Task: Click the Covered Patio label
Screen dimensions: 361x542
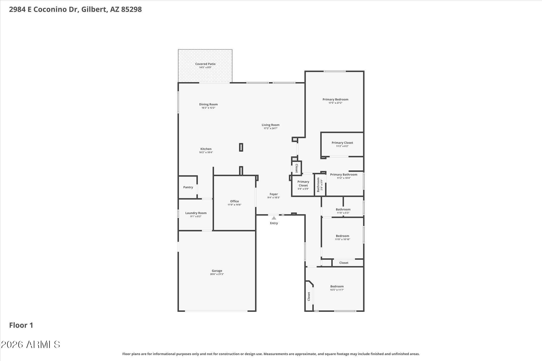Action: [205, 64]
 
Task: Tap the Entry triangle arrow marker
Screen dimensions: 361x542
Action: [274, 218]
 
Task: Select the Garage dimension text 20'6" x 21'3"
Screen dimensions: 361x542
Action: [217, 274]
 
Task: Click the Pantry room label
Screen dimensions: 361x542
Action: [188, 187]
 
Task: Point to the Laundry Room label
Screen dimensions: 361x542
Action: [196, 213]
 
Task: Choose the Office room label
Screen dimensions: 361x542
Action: [234, 201]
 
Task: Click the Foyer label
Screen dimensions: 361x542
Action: [274, 194]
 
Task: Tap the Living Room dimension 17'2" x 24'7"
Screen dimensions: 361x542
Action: [270, 128]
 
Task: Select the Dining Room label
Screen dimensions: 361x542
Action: [208, 104]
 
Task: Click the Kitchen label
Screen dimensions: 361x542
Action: [206, 149]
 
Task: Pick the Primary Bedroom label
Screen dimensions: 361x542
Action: [335, 99]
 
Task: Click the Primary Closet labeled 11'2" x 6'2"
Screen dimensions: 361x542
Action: [342, 143]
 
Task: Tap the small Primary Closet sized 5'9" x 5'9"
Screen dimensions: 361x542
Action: [303, 184]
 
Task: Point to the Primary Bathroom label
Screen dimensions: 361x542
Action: [344, 175]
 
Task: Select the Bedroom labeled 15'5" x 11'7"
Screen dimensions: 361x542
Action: [337, 286]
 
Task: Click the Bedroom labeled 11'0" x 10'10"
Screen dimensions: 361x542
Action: [343, 236]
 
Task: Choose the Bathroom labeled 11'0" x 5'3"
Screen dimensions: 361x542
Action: [343, 209]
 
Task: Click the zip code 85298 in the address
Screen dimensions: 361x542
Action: [131, 9]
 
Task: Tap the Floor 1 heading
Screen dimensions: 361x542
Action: [21, 325]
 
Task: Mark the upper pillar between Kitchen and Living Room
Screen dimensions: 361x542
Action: [241, 147]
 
